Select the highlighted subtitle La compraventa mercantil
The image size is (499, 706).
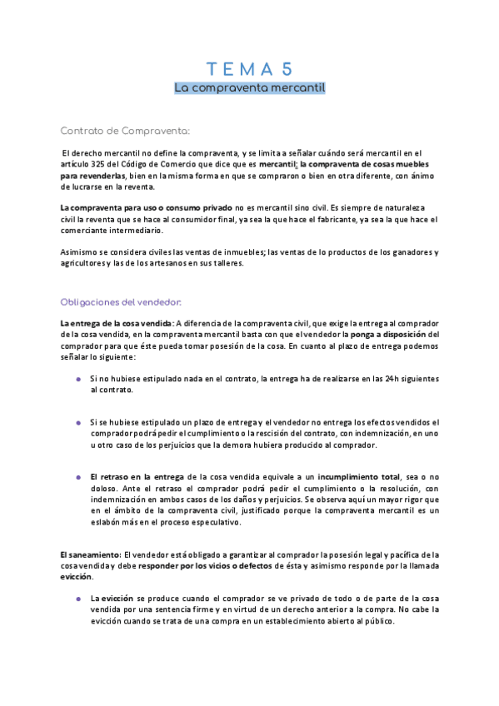(x=249, y=87)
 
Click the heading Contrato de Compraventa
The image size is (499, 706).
(x=126, y=131)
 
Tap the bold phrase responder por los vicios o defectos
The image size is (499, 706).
(x=201, y=566)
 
